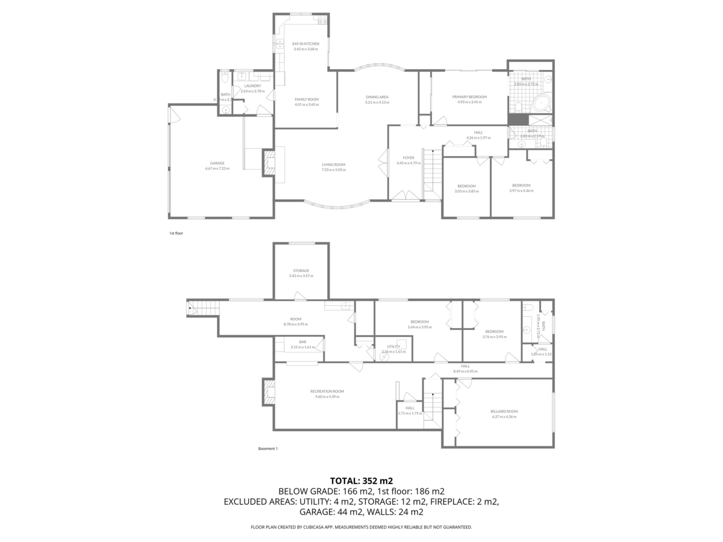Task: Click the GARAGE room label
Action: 217,163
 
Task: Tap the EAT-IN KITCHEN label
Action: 305,44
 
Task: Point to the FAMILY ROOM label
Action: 306,99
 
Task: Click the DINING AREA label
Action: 377,97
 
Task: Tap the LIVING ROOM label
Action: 333,164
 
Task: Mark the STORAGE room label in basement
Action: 301,271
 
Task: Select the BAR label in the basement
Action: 302,342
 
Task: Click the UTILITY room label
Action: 393,347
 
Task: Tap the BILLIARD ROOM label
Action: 504,411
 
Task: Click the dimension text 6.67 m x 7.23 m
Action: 217,169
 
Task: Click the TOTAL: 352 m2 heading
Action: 361,481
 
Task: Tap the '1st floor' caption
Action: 175,232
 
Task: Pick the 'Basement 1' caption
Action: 268,449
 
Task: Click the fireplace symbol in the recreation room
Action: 268,393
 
